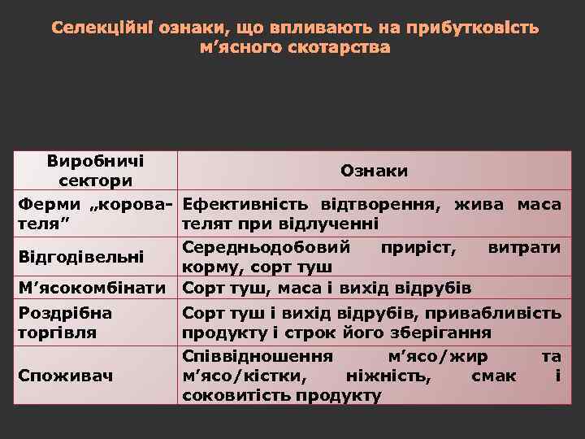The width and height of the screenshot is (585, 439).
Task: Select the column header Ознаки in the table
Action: pos(374,171)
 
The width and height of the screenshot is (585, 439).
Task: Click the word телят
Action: pos(206,223)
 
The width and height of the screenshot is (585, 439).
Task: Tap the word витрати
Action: pos(524,246)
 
